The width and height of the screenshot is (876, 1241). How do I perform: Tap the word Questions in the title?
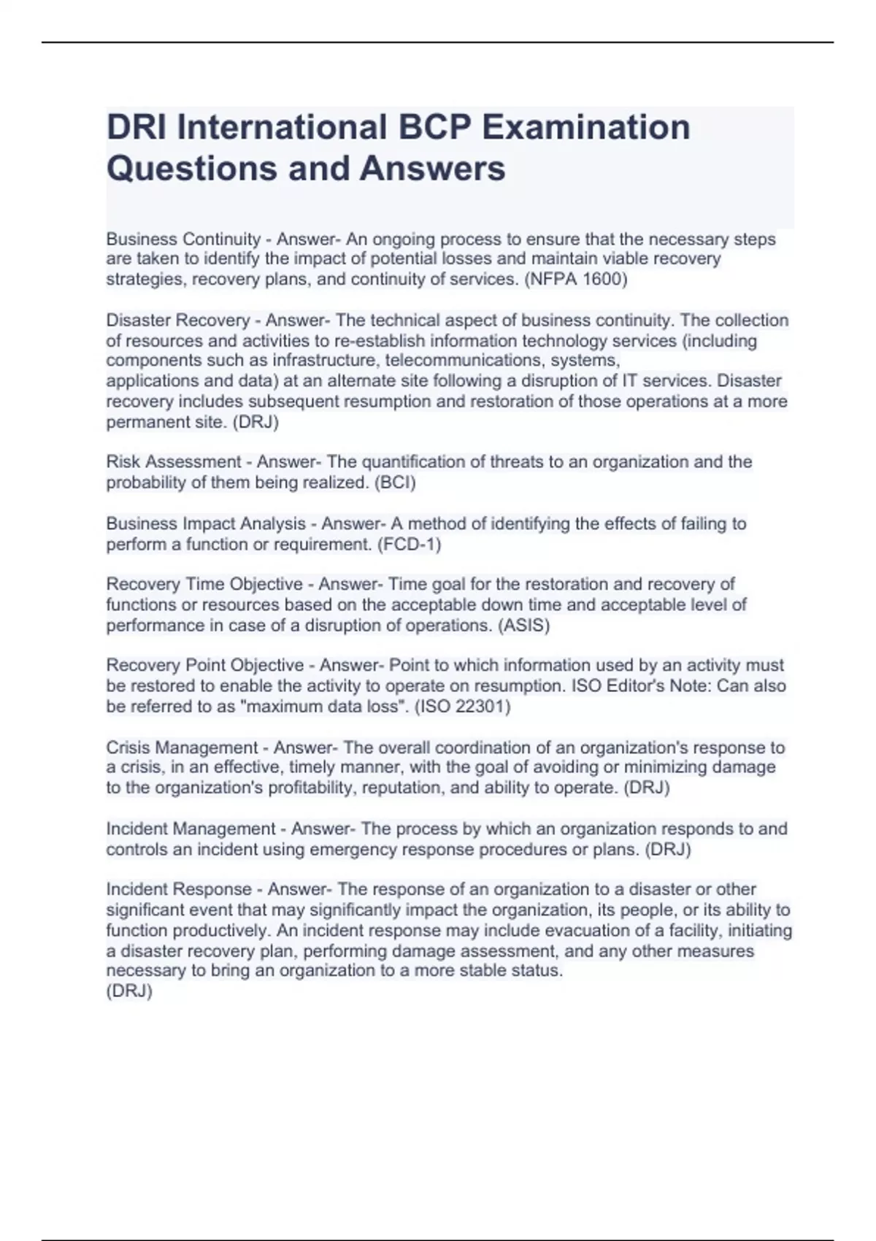[191, 168]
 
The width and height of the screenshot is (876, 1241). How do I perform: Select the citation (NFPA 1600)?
[575, 280]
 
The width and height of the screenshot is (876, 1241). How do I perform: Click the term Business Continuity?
[183, 239]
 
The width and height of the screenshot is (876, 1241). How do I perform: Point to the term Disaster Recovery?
[178, 320]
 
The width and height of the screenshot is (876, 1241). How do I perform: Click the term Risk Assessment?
[174, 461]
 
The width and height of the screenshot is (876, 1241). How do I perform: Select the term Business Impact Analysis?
[206, 523]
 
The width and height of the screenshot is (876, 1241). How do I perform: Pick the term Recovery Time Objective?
[204, 584]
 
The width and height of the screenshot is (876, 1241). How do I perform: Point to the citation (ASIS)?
[523, 626]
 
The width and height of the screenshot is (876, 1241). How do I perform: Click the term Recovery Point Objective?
[205, 665]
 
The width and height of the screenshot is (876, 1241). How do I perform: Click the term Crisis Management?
[182, 748]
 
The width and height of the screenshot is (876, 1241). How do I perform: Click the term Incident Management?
[191, 829]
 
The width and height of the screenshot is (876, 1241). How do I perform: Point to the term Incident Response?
[179, 889]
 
